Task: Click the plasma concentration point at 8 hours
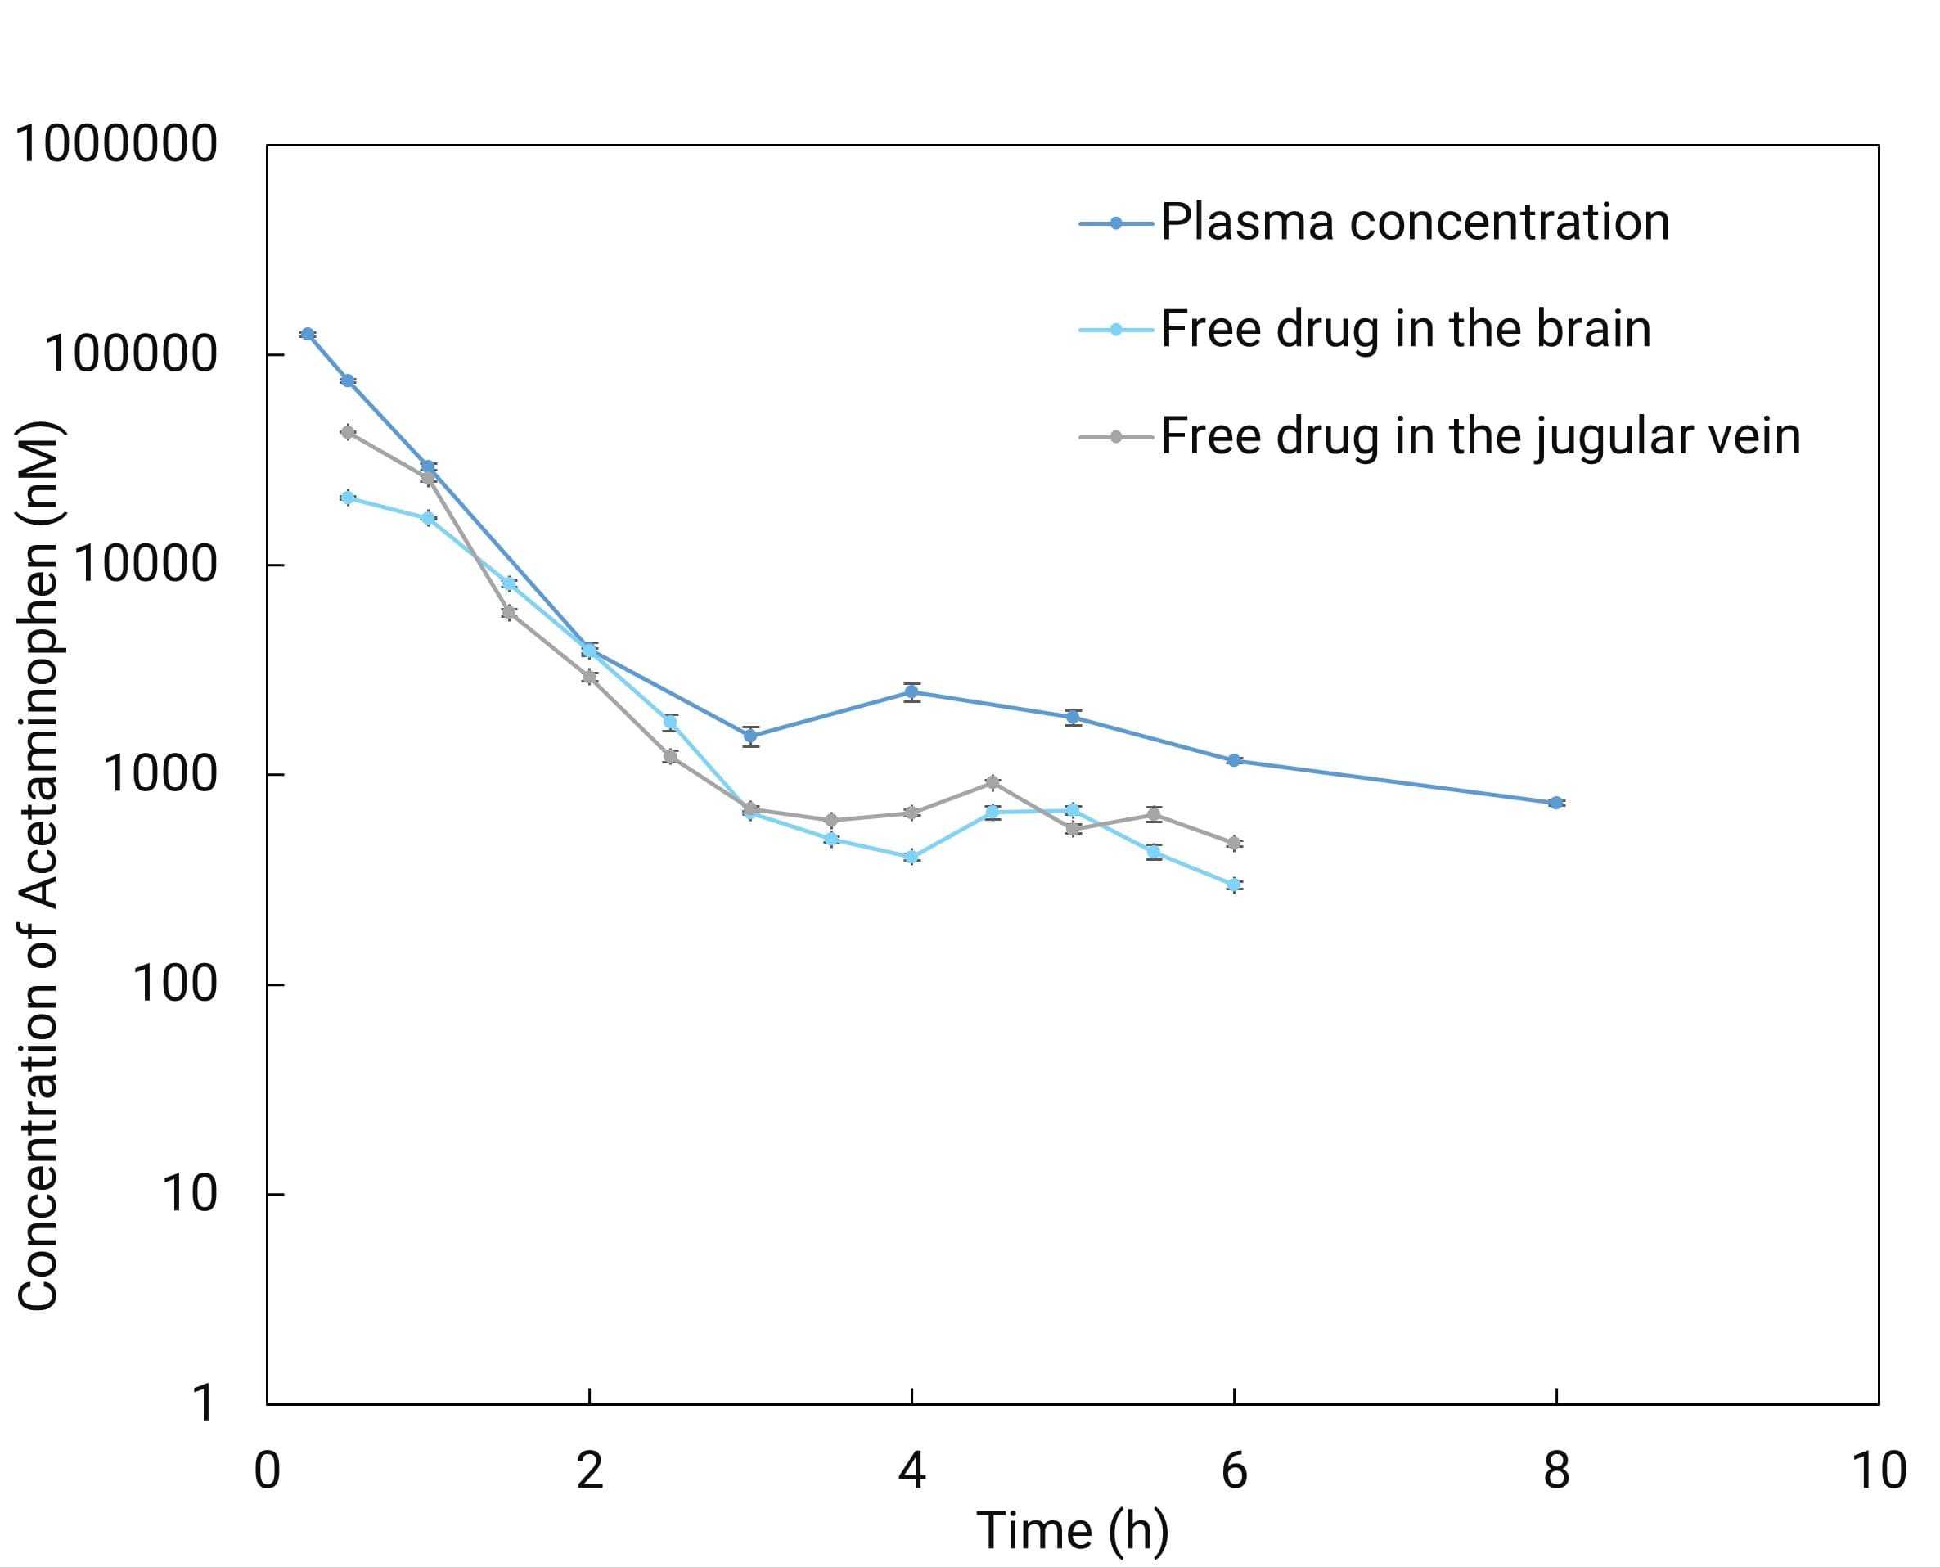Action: [x=1555, y=803]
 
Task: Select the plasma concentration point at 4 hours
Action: [x=911, y=692]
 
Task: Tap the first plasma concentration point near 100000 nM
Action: [x=308, y=334]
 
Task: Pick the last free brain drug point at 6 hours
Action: [x=1234, y=885]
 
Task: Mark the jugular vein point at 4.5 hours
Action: [x=993, y=781]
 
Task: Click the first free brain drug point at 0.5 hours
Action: [x=349, y=498]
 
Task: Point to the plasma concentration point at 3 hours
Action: [x=750, y=736]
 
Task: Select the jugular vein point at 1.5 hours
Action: [x=509, y=613]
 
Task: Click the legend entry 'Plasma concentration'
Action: [x=1414, y=222]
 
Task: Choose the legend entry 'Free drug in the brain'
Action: [x=1405, y=329]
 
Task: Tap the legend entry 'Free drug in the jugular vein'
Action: [x=1479, y=436]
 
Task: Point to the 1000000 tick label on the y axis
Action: [x=116, y=144]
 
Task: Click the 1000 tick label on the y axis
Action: [x=160, y=773]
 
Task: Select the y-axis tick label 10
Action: [x=190, y=1193]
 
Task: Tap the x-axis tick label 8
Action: [x=1555, y=1471]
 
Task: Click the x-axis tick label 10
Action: [x=1878, y=1471]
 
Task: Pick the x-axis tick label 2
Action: [x=589, y=1471]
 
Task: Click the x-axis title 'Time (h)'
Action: [x=1073, y=1532]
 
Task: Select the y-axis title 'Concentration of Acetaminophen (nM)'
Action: [x=38, y=867]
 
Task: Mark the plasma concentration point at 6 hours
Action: [x=1234, y=761]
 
